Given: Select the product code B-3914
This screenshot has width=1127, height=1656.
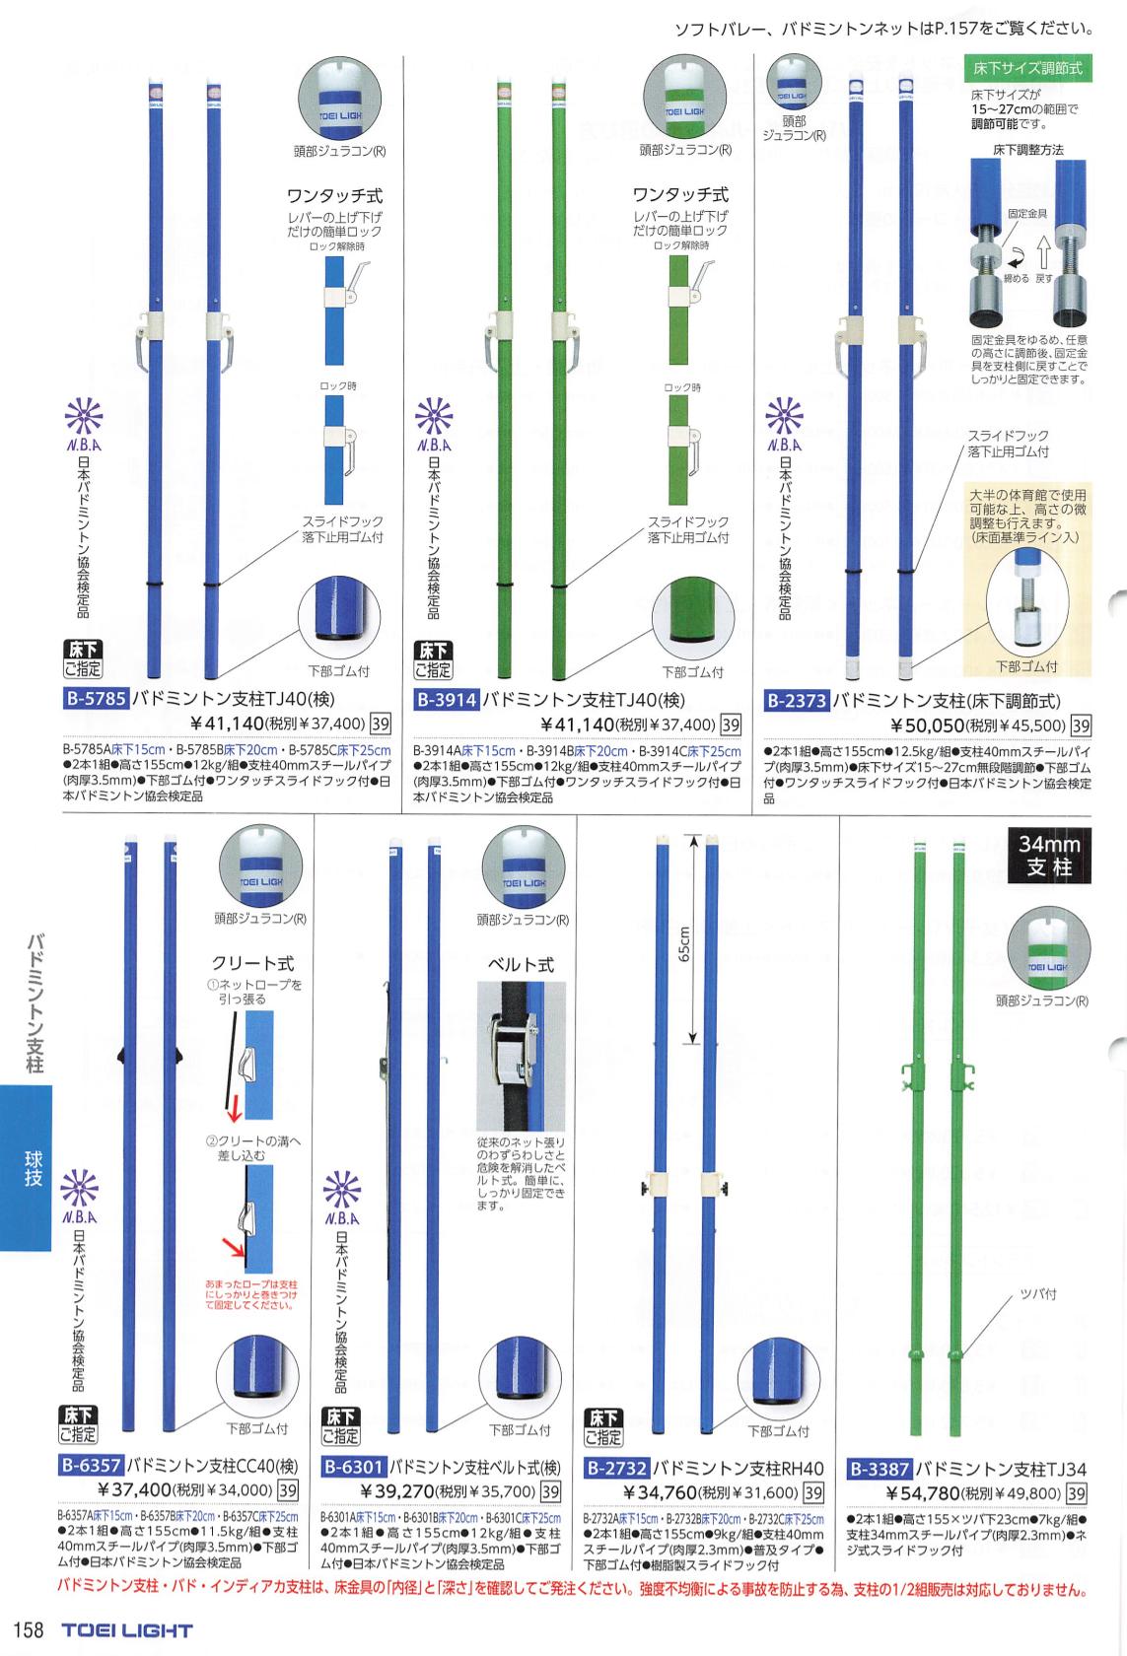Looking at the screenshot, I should (447, 701).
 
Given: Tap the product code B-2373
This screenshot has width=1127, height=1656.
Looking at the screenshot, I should (797, 701).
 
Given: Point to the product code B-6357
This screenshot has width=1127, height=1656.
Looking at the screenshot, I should (92, 1464).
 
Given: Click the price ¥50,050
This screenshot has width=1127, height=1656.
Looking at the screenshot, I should (932, 726).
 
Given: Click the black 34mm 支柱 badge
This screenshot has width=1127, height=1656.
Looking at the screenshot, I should (1050, 856).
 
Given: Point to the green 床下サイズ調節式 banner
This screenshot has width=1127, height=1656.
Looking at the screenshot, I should (1026, 69).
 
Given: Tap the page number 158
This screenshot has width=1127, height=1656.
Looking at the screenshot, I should (28, 1629).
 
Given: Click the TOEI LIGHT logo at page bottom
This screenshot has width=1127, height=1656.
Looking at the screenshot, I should (127, 1630).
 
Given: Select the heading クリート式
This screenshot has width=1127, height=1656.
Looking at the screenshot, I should (252, 963).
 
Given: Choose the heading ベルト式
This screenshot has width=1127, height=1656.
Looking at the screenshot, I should (522, 964).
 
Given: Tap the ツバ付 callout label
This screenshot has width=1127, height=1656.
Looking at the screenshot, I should (1037, 1293).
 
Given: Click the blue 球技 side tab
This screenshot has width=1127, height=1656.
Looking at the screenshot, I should (33, 1168).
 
